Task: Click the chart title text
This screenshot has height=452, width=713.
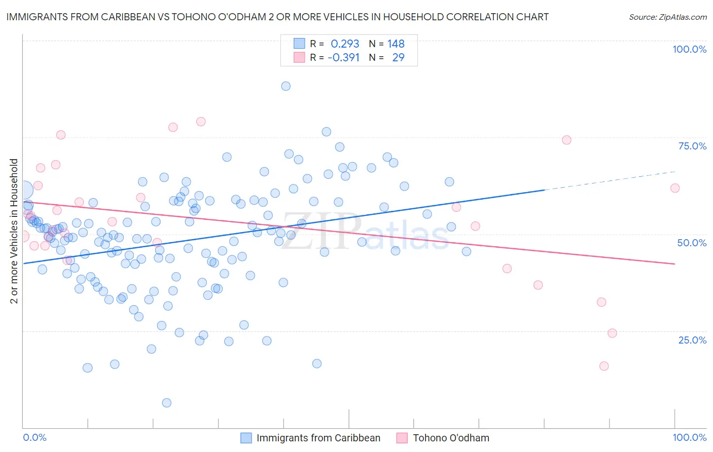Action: tap(277, 17)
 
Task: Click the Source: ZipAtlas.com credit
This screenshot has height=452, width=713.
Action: tap(667, 17)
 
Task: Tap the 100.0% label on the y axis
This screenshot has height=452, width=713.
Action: tap(689, 49)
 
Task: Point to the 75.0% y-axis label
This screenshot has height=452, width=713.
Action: tap(692, 146)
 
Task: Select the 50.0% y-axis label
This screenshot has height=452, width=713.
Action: tap(692, 243)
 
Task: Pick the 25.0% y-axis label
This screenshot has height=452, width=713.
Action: tap(692, 340)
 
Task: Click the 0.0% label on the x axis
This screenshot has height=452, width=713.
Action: tap(34, 437)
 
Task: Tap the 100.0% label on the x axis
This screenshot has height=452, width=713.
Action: tap(689, 437)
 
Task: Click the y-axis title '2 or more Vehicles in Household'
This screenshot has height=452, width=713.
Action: tap(14, 231)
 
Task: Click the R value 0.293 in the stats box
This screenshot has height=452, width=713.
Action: tap(345, 44)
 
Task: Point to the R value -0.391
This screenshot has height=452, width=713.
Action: tap(343, 57)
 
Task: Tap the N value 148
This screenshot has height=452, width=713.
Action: tap(396, 44)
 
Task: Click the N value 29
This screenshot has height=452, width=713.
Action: tap(398, 57)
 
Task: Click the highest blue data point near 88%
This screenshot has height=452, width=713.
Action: tap(286, 86)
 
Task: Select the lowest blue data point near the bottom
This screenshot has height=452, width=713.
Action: tap(166, 403)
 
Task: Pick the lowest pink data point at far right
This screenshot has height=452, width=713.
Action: tap(603, 366)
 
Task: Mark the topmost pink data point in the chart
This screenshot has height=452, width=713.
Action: tap(201, 122)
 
